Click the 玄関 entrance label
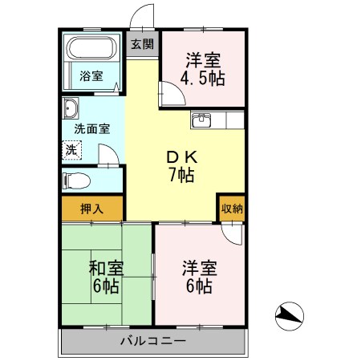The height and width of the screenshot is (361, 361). (x=143, y=44)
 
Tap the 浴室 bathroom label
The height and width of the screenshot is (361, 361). (x=91, y=76)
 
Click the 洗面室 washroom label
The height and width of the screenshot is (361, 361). (x=92, y=128)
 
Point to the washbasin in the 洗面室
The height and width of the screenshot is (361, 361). (x=71, y=108)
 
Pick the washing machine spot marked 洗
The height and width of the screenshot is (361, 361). (x=72, y=149)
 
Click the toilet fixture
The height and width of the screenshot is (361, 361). (x=75, y=179)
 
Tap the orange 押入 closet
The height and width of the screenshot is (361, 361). (x=92, y=207)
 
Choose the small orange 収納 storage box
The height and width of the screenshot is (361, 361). (x=232, y=207)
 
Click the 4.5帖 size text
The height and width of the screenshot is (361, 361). (x=205, y=78)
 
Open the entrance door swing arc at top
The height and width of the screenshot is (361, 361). (x=143, y=18)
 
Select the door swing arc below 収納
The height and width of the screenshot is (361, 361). (x=232, y=233)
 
